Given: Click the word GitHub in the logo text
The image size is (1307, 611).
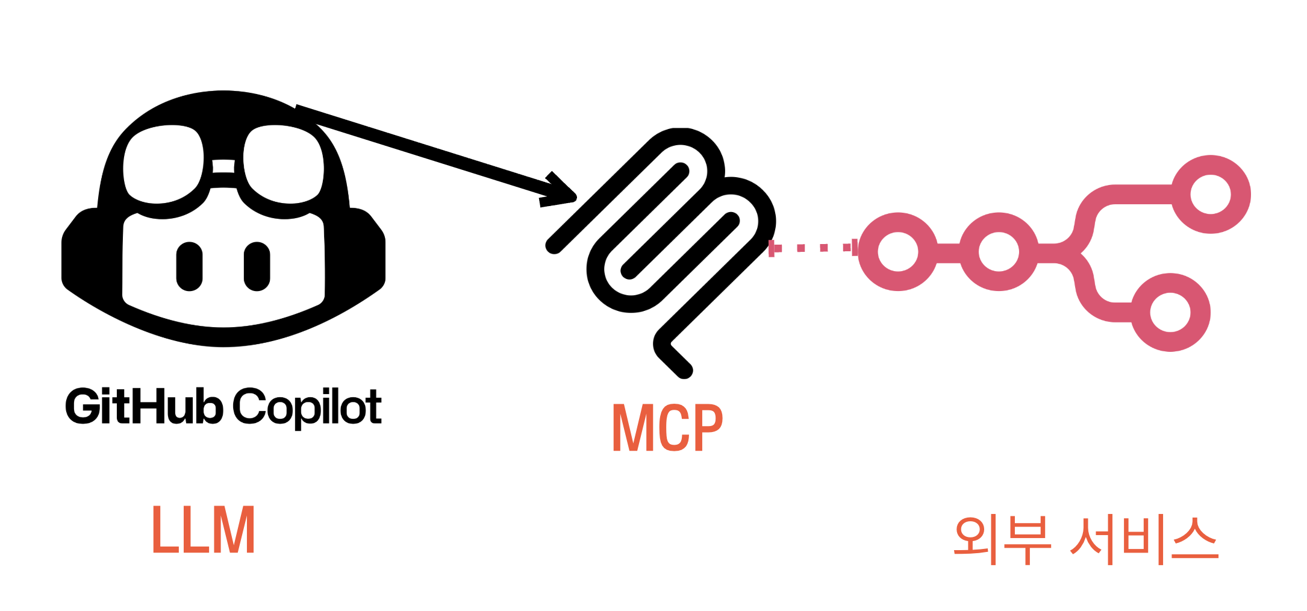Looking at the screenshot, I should click(144, 407).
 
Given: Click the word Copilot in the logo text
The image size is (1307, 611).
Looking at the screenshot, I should click(307, 407).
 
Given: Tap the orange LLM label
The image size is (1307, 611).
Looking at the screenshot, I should click(204, 530).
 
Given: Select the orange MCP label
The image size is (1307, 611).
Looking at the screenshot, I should click(667, 427).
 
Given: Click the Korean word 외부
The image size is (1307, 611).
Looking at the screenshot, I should click(1002, 539).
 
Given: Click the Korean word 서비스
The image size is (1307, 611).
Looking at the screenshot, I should click(1144, 539).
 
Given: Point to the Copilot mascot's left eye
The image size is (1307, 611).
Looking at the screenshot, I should click(189, 266).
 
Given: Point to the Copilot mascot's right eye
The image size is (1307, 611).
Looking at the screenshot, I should click(257, 266).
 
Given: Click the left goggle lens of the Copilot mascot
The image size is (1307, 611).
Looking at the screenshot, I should click(163, 164).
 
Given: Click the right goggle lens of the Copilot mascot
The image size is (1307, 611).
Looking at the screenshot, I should click(283, 164).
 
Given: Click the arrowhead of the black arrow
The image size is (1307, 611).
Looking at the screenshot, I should click(563, 194).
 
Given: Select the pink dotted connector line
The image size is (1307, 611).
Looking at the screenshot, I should click(813, 248).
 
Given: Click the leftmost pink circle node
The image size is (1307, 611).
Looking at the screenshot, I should click(898, 252).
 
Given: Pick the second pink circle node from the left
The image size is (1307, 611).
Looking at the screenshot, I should click(999, 252).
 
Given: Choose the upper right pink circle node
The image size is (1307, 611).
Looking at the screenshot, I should click(1211, 194).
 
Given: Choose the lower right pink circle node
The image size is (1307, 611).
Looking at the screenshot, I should click(1170, 312).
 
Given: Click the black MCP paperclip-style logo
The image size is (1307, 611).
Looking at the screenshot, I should click(663, 241).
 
